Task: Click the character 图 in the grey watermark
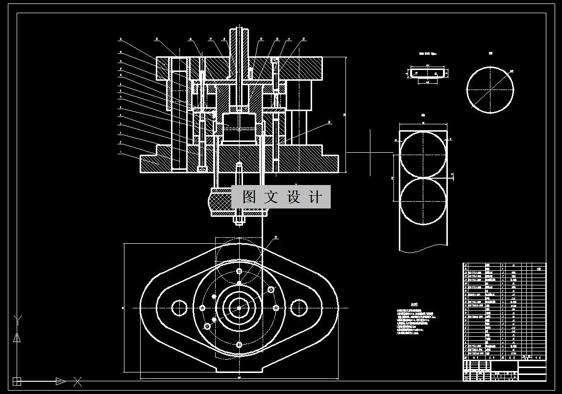click(x=249, y=197)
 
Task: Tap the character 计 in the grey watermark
click(x=316, y=197)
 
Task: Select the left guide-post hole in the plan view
click(x=179, y=308)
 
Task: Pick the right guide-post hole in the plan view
click(x=299, y=308)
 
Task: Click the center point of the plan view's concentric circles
click(x=239, y=308)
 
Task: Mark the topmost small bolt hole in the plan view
click(x=239, y=271)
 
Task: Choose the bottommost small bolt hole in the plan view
click(x=239, y=345)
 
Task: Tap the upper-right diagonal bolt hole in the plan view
click(x=270, y=290)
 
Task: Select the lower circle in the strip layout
click(x=423, y=201)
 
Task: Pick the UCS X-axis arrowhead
click(x=60, y=381)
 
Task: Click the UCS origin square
click(x=17, y=381)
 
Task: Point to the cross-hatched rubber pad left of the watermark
click(x=220, y=201)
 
